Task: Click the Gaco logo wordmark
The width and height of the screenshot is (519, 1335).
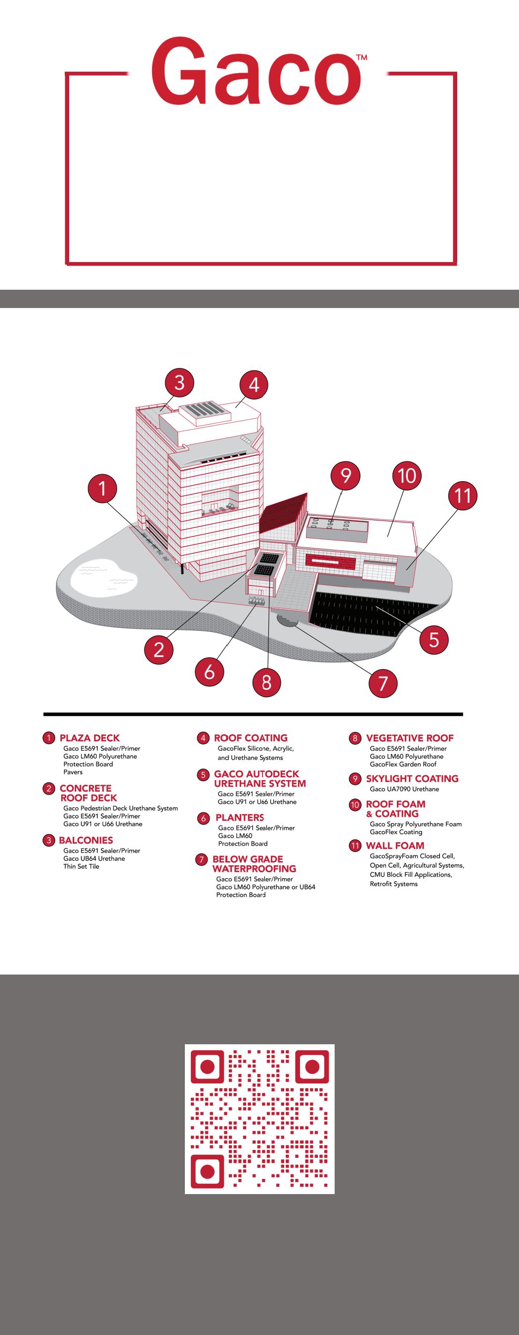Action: coord(256,73)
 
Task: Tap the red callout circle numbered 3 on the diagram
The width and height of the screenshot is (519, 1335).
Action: coord(179,383)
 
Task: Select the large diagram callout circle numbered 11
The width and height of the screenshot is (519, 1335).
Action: coord(462,495)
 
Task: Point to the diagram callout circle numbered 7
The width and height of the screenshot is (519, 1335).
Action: coord(383,682)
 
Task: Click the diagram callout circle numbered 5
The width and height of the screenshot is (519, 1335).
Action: coord(433,639)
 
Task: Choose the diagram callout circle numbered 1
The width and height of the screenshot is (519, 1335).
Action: coord(102,488)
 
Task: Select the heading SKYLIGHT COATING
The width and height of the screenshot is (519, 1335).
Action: coord(412,778)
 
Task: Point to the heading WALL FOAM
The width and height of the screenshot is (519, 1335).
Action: coord(395,845)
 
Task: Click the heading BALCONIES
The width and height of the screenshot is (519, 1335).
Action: coord(86,840)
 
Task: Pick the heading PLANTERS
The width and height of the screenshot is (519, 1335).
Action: coord(239,817)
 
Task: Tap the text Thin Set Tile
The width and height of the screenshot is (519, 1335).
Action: coord(82,866)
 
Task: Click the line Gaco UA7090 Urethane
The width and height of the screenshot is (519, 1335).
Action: coord(404,789)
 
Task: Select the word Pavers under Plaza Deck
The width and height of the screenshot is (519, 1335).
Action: coord(73,772)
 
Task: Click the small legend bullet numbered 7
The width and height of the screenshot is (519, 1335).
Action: coord(202,860)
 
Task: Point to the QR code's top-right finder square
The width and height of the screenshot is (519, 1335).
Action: coord(312,1067)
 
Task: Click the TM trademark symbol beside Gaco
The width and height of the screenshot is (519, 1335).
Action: coord(361,57)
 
